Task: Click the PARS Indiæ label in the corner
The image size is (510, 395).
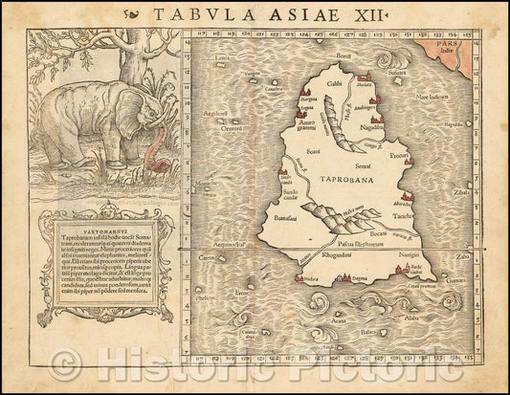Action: [x=479, y=47]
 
